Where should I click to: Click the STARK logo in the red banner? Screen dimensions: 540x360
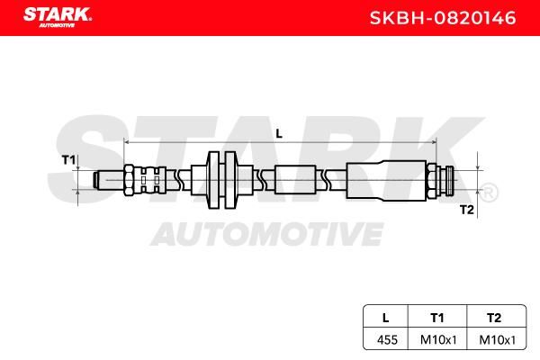point(58,17)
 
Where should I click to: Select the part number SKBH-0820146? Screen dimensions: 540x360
point(443,18)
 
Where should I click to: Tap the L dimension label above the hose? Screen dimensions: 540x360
point(279,134)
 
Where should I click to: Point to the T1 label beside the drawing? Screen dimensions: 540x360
point(68,160)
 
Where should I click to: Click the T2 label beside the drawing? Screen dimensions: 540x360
point(466,209)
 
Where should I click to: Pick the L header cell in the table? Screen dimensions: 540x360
point(386,318)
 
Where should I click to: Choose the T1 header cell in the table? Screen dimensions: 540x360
point(437,318)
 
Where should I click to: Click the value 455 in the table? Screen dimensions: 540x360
point(387,339)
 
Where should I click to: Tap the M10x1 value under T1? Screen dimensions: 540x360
point(438,340)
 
